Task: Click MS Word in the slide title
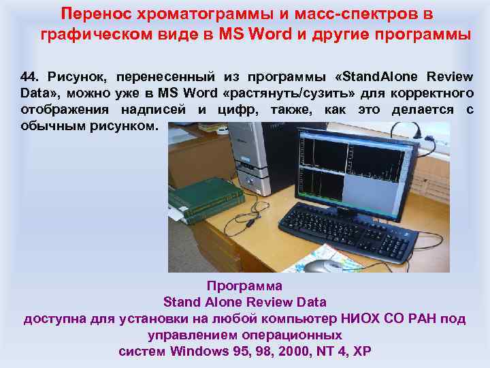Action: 255,34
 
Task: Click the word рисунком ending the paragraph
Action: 129,126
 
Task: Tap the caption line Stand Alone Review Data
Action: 244,302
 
